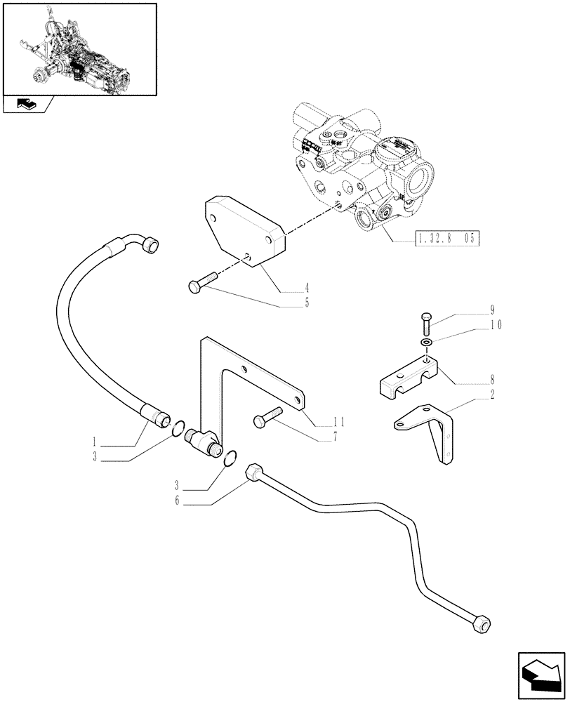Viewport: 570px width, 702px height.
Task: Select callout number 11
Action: point(339,422)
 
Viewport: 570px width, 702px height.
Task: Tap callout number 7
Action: point(335,436)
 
